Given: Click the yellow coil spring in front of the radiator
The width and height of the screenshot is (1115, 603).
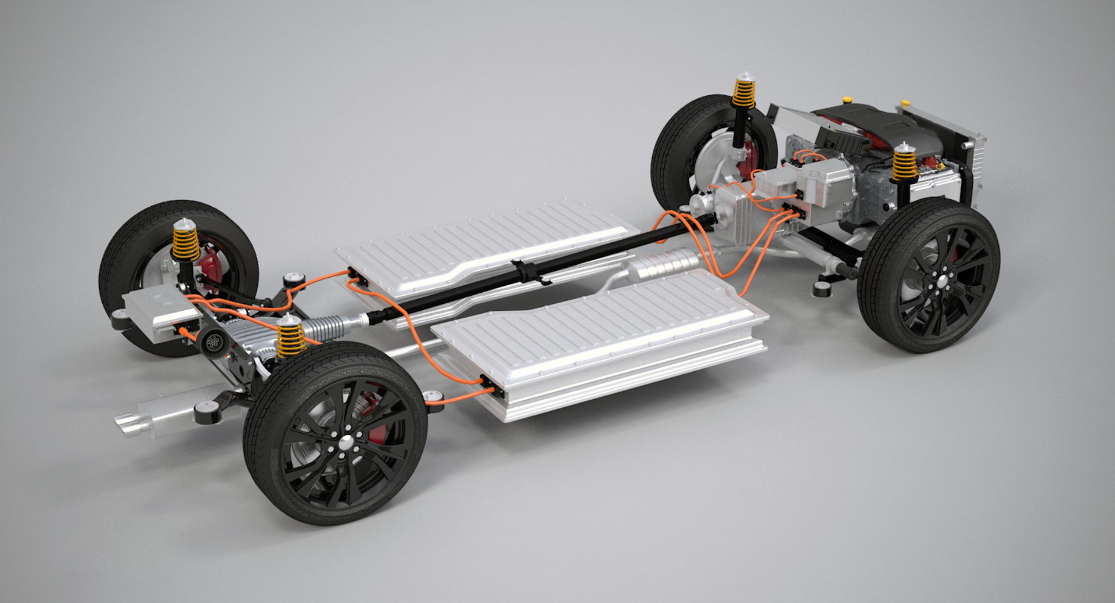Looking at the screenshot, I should point(904,164).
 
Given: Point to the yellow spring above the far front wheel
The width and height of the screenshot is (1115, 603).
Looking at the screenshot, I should point(743,93).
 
